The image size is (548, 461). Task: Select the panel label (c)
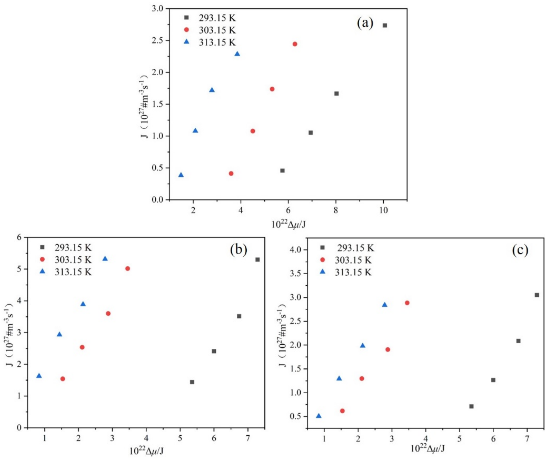pos(520,250)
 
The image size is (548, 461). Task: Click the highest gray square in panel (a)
pos(385,25)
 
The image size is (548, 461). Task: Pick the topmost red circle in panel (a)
pos(295,44)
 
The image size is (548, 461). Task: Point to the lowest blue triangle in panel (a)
pos(181,175)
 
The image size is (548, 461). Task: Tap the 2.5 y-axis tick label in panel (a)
pos(158,40)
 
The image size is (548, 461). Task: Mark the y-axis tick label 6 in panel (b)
pos(20,237)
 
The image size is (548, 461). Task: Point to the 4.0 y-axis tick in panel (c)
pos(298,250)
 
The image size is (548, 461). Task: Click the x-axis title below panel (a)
pos(288,224)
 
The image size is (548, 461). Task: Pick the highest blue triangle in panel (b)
pos(105,259)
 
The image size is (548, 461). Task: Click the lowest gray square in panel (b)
pos(192,382)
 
